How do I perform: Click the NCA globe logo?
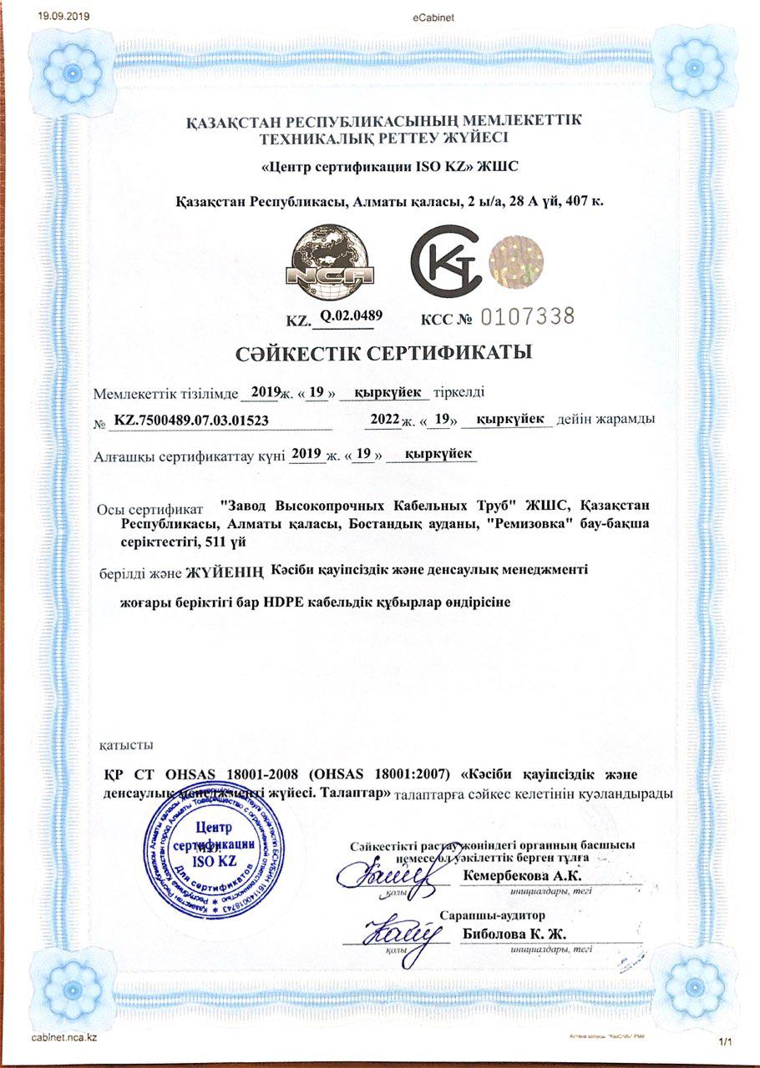pos(330,262)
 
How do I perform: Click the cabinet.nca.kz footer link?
pos(65,1036)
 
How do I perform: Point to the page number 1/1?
pos(724,1041)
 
